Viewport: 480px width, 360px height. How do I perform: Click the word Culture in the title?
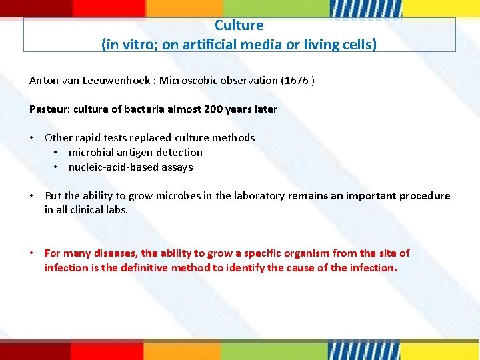point(239,25)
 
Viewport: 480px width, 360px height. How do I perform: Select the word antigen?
point(131,153)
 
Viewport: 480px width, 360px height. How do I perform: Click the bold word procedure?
point(423,196)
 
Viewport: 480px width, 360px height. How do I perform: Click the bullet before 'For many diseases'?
point(32,253)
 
